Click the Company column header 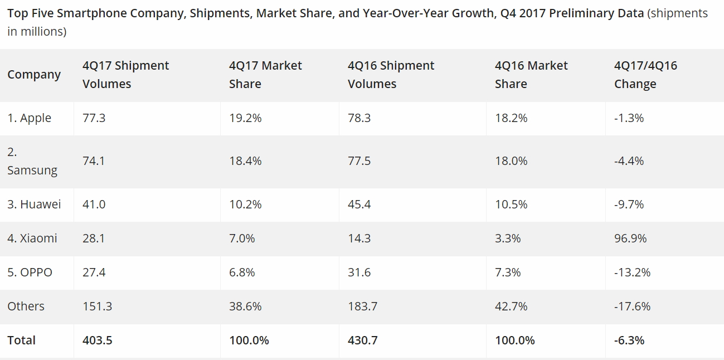[34, 75]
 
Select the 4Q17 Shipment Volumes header [125, 75]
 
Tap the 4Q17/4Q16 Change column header [645, 75]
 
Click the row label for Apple [30, 118]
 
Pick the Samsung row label [32, 162]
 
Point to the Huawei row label [34, 205]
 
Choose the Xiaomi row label [32, 239]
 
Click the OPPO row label [30, 273]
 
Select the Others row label [26, 307]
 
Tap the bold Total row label [21, 340]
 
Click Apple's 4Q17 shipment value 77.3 [94, 118]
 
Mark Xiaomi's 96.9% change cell [630, 239]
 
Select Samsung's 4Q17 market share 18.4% [245, 161]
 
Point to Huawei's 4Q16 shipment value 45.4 [359, 205]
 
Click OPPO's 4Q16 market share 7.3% [508, 273]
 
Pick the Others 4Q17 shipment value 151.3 [97, 307]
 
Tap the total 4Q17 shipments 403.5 [97, 340]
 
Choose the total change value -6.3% [629, 340]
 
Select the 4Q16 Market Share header [531, 75]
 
